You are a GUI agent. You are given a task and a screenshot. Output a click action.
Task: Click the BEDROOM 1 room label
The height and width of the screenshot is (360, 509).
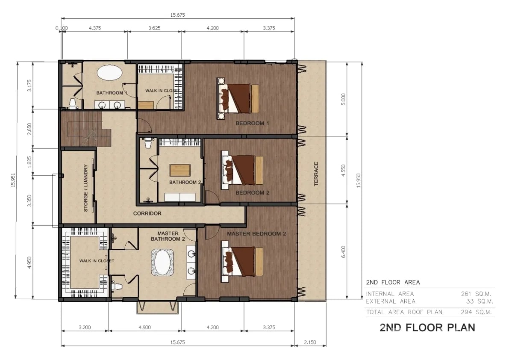click(252, 124)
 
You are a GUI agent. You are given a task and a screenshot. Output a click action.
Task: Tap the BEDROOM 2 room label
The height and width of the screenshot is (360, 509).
click(252, 193)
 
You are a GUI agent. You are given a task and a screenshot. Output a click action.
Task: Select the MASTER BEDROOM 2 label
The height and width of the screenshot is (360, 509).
click(256, 234)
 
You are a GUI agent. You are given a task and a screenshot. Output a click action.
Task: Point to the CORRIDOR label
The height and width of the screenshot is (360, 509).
click(147, 214)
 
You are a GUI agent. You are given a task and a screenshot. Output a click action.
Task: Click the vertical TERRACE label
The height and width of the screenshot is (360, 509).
click(316, 174)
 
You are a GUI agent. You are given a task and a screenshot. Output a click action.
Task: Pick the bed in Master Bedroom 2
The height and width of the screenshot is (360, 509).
click(242, 262)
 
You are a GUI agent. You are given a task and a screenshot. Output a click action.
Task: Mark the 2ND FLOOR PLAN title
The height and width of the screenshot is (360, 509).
click(427, 328)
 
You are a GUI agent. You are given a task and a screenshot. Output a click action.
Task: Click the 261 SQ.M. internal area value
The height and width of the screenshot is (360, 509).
click(476, 294)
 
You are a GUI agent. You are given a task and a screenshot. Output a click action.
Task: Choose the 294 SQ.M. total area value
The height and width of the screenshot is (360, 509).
click(476, 312)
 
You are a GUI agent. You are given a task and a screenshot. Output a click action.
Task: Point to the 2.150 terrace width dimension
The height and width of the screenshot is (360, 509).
click(310, 342)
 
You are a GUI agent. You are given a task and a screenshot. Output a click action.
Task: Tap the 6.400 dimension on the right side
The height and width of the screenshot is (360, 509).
click(344, 252)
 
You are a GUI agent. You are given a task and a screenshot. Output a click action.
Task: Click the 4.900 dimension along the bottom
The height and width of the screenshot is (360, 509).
click(145, 327)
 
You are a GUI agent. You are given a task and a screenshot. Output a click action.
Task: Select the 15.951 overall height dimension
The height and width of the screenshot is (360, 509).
click(13, 180)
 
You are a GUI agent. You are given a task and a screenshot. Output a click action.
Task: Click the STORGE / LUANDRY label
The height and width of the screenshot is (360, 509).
click(86, 188)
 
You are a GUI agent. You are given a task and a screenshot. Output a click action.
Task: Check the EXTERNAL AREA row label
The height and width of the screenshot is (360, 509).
click(391, 301)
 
